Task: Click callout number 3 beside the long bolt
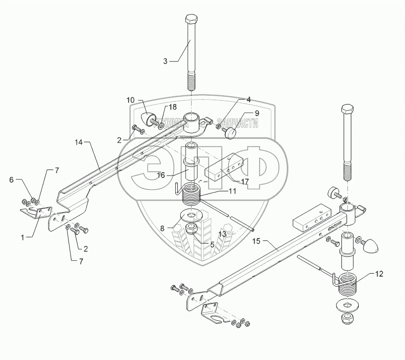(166, 61)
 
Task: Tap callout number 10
(131, 100)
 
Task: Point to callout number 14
(78, 142)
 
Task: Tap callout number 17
(244, 181)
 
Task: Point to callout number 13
(222, 233)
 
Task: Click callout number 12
(379, 273)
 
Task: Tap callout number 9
(257, 113)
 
